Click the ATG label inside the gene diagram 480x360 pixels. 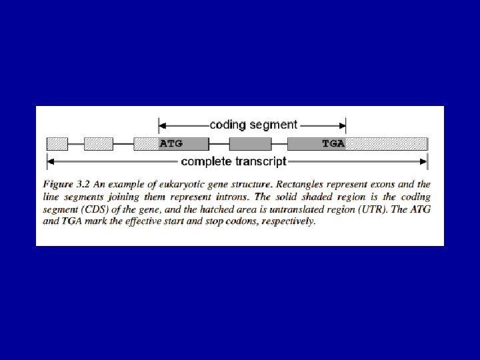pos(171,143)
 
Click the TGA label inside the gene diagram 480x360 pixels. pos(333,143)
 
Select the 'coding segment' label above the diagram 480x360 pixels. pos(253,124)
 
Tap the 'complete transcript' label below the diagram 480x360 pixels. pos(233,161)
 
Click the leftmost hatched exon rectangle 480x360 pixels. pos(57,143)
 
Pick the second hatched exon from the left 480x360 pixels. pos(98,143)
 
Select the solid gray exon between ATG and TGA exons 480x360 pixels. pos(250,143)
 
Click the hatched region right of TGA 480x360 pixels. pos(387,143)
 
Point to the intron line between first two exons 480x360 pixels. pos(76,143)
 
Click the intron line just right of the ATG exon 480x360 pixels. pos(219,143)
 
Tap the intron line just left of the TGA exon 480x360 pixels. pos(279,143)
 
